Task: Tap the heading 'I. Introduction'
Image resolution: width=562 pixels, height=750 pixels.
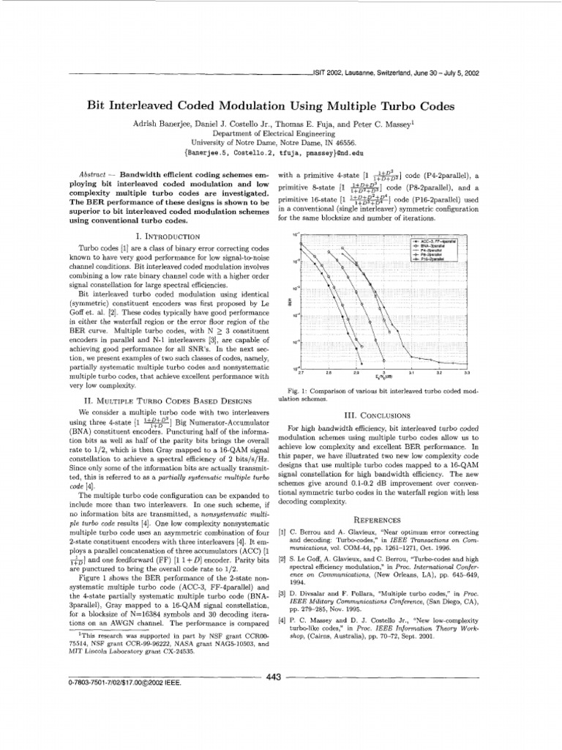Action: coord(171,237)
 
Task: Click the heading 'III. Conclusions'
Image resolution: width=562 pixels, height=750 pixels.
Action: coord(380,415)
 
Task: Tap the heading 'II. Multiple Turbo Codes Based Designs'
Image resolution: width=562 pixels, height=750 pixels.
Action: coord(171,401)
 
